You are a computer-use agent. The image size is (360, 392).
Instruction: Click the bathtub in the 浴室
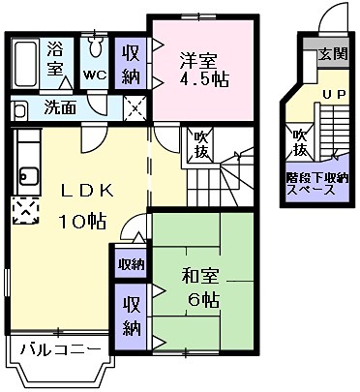pyautogui.click(x=26, y=64)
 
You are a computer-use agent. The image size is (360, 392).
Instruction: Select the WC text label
pyautogui.click(x=95, y=75)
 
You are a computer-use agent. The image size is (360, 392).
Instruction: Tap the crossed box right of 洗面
pyautogui.click(x=135, y=107)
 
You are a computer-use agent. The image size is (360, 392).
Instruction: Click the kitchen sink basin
pyautogui.click(x=24, y=176)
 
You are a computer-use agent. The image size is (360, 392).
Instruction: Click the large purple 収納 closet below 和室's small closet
pyautogui.click(x=130, y=316)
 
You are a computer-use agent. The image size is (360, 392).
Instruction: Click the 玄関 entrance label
pyautogui.click(x=335, y=54)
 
